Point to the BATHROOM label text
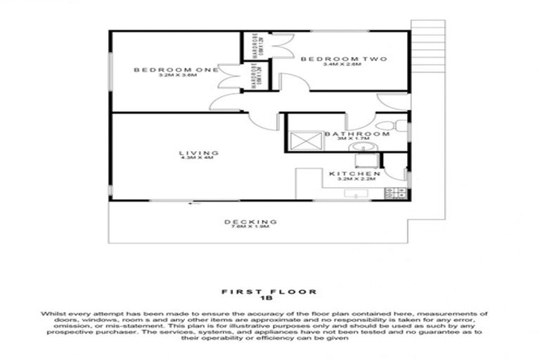356,134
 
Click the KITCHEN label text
355,173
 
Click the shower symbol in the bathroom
306,141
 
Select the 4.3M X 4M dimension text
196,158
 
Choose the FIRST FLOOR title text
269,290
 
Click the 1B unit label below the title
269,297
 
